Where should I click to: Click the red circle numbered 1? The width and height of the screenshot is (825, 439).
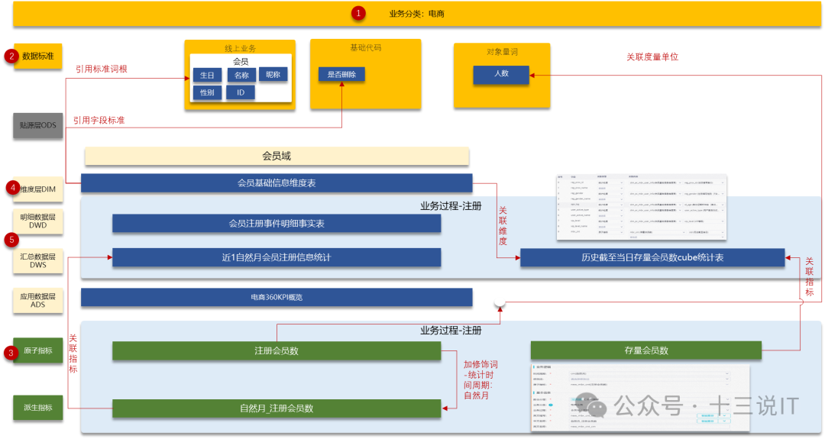(x=358, y=13)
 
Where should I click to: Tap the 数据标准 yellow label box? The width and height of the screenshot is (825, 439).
(x=38, y=56)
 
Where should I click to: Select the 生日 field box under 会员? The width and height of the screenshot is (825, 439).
(x=207, y=75)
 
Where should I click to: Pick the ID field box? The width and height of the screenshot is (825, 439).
(x=240, y=92)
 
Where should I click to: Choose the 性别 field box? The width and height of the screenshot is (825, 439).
(x=207, y=92)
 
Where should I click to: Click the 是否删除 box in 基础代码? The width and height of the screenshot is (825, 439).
(x=341, y=74)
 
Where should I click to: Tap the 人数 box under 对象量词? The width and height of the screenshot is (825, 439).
(x=501, y=74)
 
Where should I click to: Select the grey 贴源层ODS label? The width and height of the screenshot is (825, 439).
(x=38, y=125)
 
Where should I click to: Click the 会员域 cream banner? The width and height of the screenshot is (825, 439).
(x=277, y=156)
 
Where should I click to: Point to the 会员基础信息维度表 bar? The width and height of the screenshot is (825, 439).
(x=277, y=183)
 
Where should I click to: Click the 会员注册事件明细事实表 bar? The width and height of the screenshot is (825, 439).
(x=277, y=223)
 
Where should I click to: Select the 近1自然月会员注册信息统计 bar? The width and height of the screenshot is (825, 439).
(x=277, y=257)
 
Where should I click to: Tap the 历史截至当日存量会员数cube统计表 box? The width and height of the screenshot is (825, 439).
(x=652, y=257)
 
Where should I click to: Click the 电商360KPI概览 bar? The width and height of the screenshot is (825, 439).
(x=277, y=297)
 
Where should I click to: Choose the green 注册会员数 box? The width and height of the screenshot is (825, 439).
(x=277, y=350)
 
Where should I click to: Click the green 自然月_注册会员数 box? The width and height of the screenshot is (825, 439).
(x=277, y=408)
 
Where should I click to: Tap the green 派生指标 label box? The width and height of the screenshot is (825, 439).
(x=38, y=407)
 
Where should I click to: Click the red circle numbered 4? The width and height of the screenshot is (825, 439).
(x=11, y=187)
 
